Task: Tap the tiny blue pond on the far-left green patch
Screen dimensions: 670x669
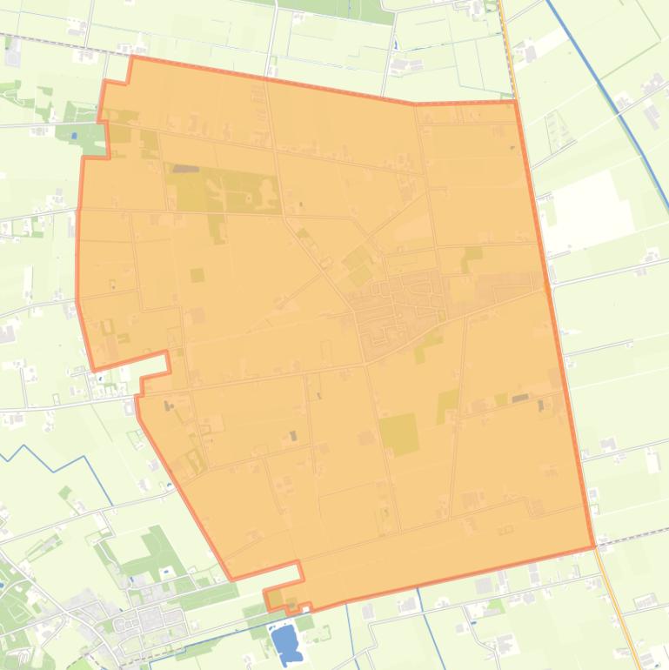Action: click(x=74, y=135)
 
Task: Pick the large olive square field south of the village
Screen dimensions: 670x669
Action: click(x=398, y=433)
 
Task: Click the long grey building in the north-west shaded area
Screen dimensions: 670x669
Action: click(x=185, y=169)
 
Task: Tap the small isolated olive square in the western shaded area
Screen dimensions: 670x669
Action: click(x=197, y=275)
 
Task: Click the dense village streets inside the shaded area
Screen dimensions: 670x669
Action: click(x=400, y=305)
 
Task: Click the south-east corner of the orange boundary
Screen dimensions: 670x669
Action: click(x=594, y=547)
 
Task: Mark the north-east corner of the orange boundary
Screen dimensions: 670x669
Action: click(x=516, y=102)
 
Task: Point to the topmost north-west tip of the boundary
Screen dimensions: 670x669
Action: click(x=132, y=58)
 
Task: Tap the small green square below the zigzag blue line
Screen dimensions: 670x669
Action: click(x=65, y=492)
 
